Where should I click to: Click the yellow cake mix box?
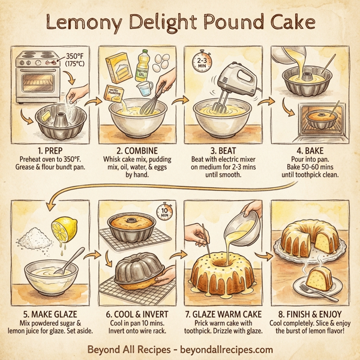pyautogui.click(x=118, y=68)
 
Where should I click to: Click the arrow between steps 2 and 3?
pyautogui.click(x=178, y=101)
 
